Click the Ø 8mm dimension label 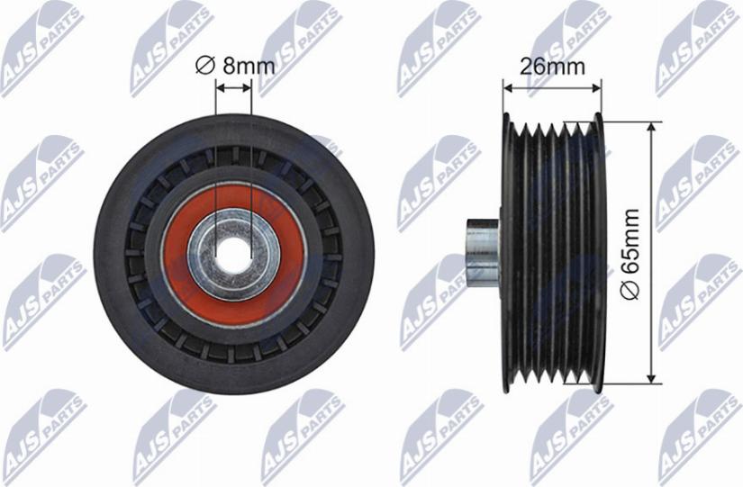(x=234, y=64)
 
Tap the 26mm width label (x=552, y=67)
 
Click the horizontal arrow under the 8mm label (x=234, y=87)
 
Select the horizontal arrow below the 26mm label (x=552, y=87)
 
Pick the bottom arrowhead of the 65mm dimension (x=649, y=377)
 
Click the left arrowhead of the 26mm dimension (x=507, y=87)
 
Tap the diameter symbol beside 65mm (x=631, y=291)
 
